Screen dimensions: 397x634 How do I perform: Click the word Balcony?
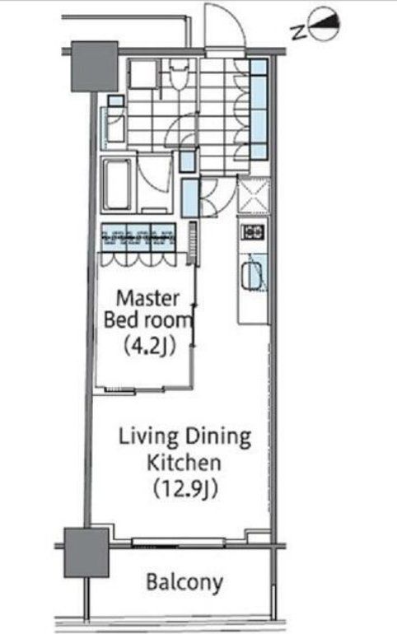coord(184,583)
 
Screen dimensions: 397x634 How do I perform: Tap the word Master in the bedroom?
coord(147,298)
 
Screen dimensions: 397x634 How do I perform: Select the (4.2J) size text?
coord(149,346)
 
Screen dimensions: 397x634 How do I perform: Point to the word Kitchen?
coord(184,462)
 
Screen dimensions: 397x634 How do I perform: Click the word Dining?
coord(218,438)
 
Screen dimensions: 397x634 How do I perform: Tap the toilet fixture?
coord(179,75)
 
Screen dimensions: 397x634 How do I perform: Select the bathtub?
coord(117,184)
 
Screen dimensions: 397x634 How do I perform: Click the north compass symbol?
coord(324,26)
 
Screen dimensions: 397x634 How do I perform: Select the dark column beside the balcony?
coord(86,552)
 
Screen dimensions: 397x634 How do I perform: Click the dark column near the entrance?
coord(95,67)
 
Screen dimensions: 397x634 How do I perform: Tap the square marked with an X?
coord(253,196)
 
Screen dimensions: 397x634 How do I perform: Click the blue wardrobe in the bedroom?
coord(138,238)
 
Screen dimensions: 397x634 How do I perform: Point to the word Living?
coord(148,438)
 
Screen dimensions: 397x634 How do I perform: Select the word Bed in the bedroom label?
coord(119,320)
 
